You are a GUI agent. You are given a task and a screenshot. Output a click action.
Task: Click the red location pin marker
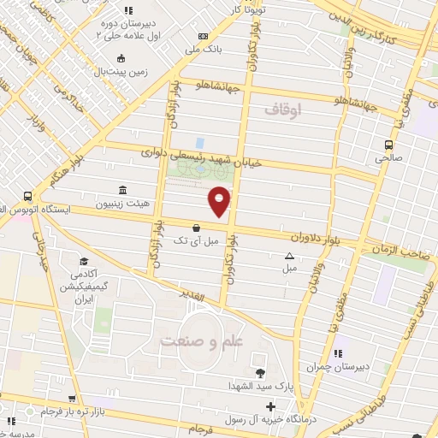[x=220, y=201]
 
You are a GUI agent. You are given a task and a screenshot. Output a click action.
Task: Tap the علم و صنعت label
[x=195, y=340]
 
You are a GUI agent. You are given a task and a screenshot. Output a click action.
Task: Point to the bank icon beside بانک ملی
[x=203, y=36]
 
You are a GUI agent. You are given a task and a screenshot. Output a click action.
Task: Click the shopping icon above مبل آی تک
[x=198, y=228]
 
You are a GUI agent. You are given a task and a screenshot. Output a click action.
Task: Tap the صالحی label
[x=389, y=158]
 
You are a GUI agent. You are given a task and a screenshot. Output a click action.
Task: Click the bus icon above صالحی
[x=389, y=145]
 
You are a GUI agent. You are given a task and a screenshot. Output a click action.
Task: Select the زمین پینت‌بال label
[x=121, y=72]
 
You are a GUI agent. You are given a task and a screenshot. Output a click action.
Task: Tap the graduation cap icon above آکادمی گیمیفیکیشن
[x=84, y=262]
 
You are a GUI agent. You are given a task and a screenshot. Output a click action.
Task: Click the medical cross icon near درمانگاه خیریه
[x=271, y=406]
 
